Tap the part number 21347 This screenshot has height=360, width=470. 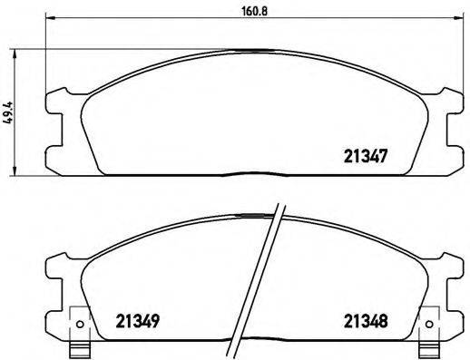click(x=367, y=155)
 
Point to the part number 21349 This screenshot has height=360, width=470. click(x=139, y=319)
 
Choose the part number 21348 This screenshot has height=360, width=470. click(x=366, y=319)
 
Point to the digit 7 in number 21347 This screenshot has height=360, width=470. click(x=386, y=155)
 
